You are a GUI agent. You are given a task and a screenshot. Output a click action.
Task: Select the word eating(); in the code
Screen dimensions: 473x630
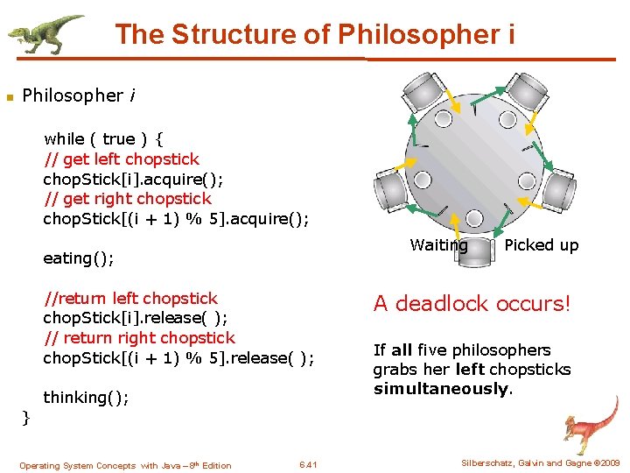pos(79,258)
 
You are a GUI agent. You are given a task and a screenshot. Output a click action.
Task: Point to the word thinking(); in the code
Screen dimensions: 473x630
pos(86,398)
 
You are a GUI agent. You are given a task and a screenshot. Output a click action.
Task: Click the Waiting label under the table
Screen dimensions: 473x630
pos(438,245)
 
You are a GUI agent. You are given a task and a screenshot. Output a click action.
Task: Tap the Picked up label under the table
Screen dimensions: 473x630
pos(541,245)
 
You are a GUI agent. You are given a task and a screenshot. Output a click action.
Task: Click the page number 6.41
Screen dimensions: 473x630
pos(308,465)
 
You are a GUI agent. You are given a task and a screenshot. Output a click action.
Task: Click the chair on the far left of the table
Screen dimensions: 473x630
pos(392,186)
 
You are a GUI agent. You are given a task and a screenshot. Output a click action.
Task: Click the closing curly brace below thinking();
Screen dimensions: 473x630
pos(25,418)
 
